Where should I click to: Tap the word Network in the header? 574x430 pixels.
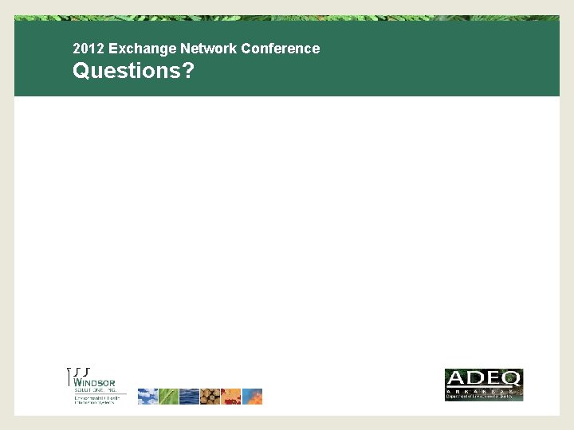193,49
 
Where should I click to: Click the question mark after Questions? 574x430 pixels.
188,71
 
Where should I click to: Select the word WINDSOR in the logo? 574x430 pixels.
95,382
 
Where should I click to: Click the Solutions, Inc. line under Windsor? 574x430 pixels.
95,390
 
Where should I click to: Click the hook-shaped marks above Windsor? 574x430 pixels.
79,372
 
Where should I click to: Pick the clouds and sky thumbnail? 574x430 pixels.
147,397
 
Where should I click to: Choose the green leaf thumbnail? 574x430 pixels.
168,397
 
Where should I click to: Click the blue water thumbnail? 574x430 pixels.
189,397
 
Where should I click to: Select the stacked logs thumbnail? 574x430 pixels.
210,397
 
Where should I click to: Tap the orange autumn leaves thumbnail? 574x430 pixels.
230,397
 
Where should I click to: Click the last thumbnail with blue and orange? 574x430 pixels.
252,397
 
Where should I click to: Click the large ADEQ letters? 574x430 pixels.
483,377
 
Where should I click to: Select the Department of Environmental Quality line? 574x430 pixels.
483,397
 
